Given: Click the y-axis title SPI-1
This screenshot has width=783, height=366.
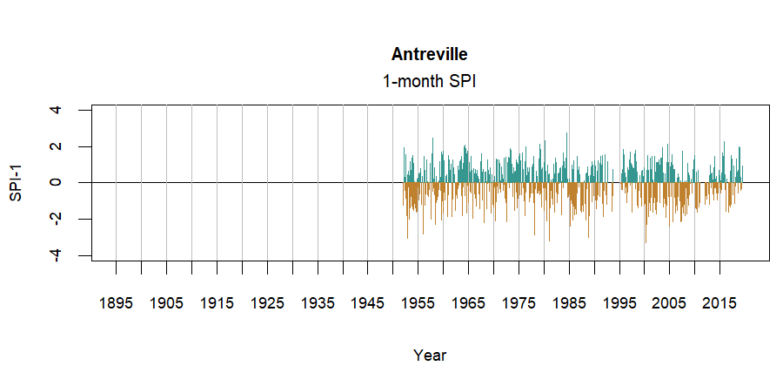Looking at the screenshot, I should [16, 182].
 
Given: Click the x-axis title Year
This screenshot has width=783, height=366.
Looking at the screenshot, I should [430, 355].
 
